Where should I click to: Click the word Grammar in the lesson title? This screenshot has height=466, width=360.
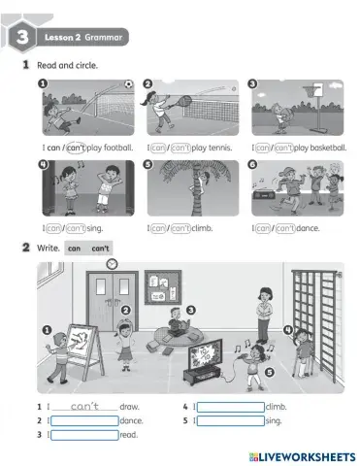(103, 37)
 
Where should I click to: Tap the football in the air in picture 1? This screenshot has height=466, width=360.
(127, 84)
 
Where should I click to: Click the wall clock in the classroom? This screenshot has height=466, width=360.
(112, 263)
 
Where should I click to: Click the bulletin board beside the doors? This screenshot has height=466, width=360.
(158, 290)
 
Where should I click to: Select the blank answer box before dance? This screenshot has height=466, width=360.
(83, 420)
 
